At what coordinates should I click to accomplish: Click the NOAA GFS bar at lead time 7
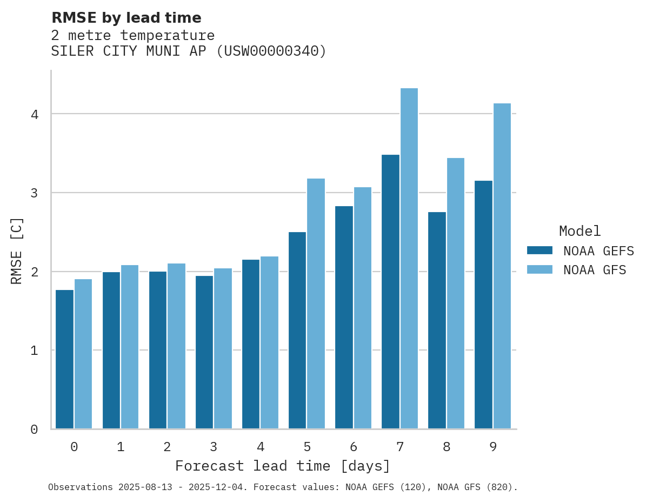tap(409, 259)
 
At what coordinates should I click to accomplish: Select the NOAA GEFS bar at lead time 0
tap(65, 359)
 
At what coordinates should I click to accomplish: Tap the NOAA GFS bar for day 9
tap(502, 266)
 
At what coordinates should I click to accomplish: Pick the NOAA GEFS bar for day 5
tap(297, 331)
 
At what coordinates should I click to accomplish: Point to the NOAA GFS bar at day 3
tap(223, 348)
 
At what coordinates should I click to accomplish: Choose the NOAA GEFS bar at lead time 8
tap(437, 320)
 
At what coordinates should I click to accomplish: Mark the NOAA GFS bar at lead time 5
tap(316, 303)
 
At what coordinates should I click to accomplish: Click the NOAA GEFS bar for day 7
tap(390, 292)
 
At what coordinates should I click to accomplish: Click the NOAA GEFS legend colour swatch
tap(540, 250)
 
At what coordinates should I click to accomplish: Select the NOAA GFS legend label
tap(595, 270)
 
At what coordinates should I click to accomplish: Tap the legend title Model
tap(580, 231)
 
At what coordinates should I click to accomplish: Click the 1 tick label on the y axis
tap(34, 351)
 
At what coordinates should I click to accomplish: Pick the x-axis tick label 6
tap(354, 447)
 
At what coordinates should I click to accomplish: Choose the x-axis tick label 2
tap(168, 447)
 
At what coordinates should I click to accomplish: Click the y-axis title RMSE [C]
tap(17, 250)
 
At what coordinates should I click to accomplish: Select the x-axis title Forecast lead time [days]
tap(283, 466)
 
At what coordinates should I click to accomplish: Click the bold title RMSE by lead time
tap(126, 18)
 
